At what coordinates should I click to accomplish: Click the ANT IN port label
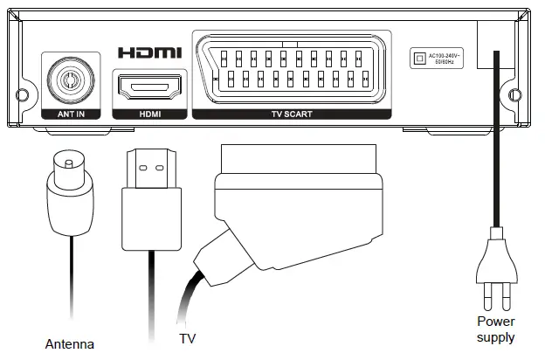point(70,114)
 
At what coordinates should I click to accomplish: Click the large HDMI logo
point(149,52)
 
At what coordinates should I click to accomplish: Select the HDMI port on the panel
point(149,87)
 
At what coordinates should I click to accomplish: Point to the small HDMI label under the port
point(149,114)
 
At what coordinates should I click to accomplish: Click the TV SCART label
point(290,114)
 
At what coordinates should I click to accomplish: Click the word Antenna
point(69,343)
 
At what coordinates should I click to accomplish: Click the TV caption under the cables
point(187,336)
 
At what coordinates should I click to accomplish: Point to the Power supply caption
point(495,329)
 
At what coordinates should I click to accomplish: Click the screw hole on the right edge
point(516,93)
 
